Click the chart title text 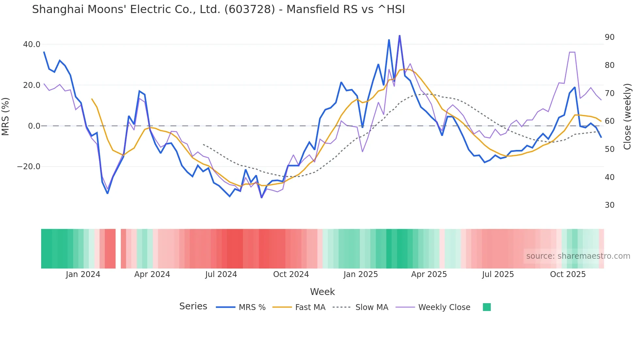point(218,9)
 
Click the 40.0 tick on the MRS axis point(32,44)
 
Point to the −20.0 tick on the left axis point(29,167)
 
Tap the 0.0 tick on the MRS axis point(34,126)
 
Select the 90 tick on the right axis point(609,37)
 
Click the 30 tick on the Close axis point(609,205)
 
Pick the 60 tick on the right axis point(609,121)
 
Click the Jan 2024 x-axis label point(83,274)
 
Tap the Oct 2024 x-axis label point(291,274)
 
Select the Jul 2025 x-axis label point(498,274)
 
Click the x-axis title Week point(322,292)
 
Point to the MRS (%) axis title point(6,117)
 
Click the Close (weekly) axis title point(627,117)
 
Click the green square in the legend point(487,307)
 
